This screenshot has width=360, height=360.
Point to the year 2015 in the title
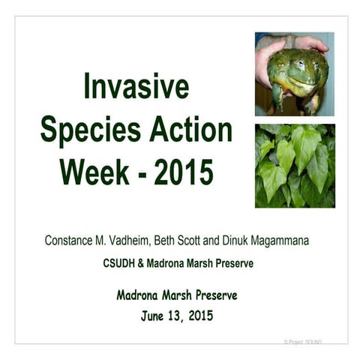tap(184, 172)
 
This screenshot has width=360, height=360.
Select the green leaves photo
tap(294, 166)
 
